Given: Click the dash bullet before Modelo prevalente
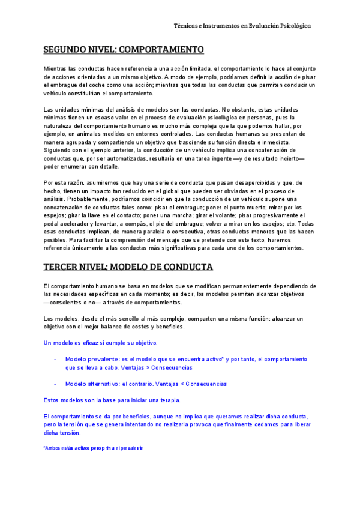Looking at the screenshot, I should (55, 358).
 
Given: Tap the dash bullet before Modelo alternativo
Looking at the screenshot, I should (55, 384).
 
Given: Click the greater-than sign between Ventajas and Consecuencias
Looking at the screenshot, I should (148, 367).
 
